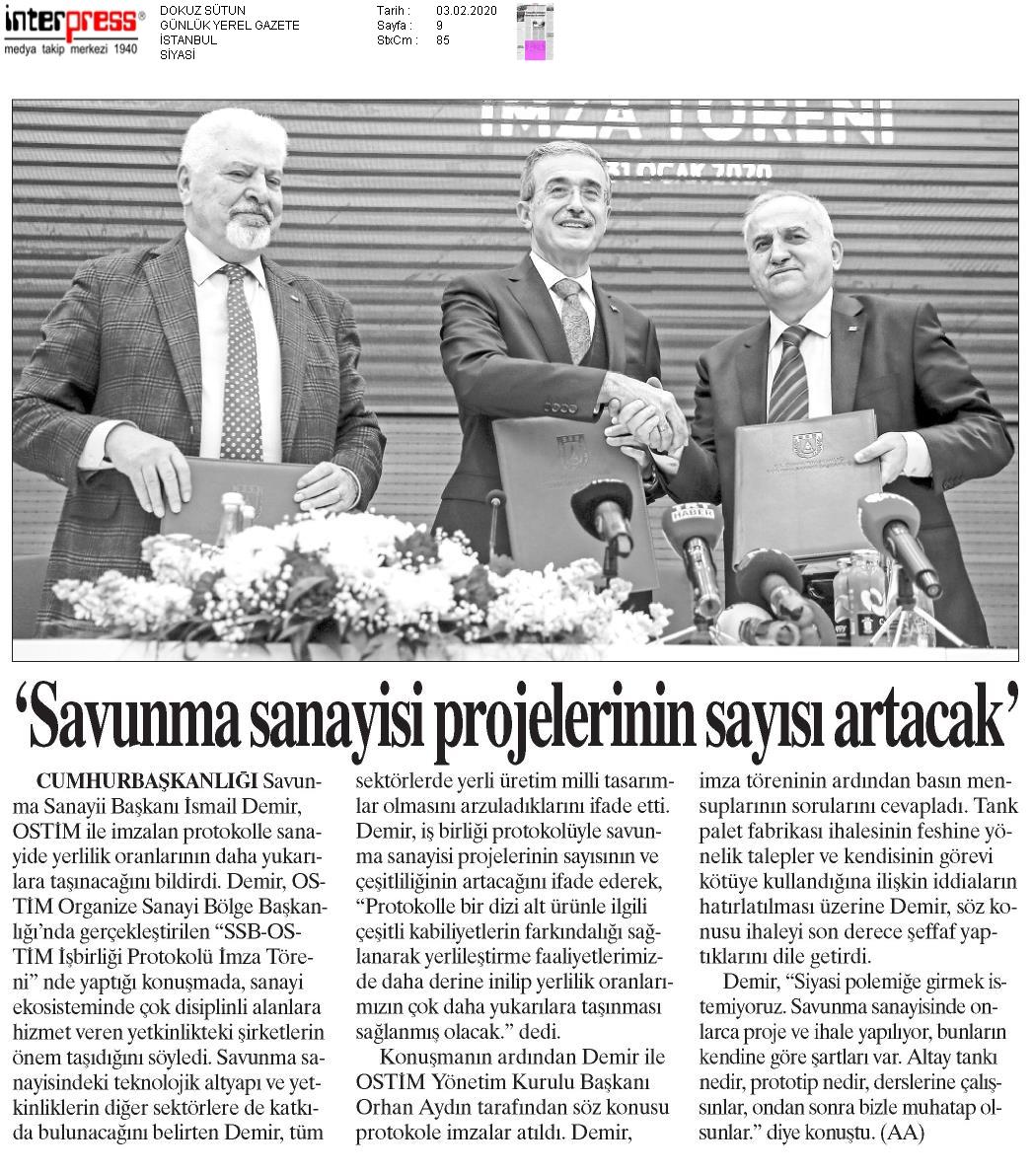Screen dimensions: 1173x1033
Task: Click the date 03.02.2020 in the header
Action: [x=466, y=10]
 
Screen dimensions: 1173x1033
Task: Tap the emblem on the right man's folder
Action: [x=806, y=442]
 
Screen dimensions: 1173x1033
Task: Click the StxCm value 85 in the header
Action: [x=442, y=40]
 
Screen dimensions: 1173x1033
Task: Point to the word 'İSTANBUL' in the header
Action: [x=187, y=40]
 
